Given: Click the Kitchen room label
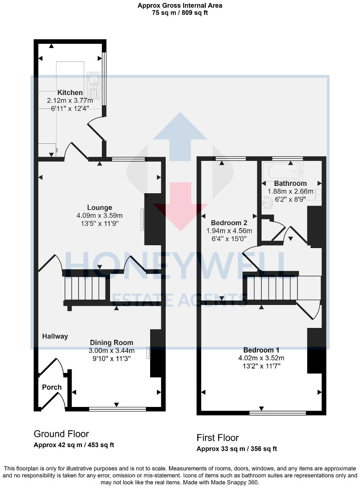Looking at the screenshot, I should point(70,93).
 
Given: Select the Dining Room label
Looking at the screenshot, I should point(112,343).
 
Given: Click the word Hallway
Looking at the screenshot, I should point(55,336).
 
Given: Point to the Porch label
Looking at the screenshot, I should point(52,387).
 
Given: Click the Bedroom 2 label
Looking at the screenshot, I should point(229,223).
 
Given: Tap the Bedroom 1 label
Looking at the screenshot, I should point(261,350).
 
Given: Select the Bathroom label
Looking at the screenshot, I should point(290,183).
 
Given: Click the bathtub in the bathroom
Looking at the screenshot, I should point(282,170).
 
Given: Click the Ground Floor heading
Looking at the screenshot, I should point(61,434).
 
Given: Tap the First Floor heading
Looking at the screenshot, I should point(218,438).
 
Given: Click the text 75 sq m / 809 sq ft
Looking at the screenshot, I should point(180,12).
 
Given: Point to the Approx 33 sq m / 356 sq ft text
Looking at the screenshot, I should point(236,449).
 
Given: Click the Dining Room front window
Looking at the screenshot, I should point(117,409).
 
